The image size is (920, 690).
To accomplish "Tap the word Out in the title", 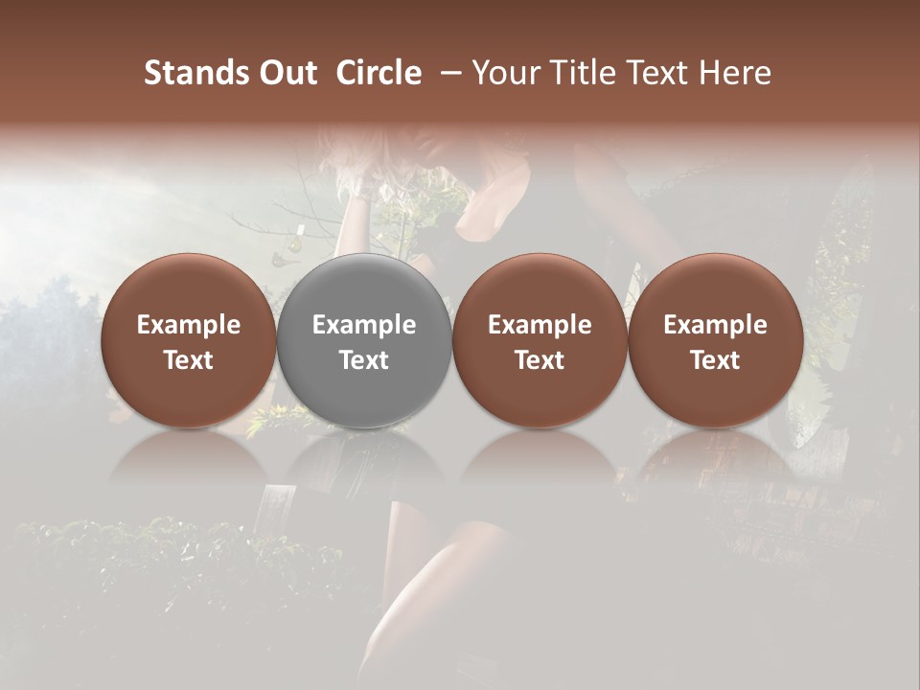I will (287, 73).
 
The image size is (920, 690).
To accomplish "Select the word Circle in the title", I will (379, 73).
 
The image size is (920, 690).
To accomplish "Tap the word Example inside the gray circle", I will (364, 325).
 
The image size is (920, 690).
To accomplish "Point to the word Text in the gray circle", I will (364, 360).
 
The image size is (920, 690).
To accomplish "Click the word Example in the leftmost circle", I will (189, 325).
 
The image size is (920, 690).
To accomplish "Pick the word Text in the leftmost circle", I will (189, 360).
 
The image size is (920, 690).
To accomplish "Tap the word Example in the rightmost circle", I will (715, 325).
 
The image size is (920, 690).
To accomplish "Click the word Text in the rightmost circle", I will (715, 360).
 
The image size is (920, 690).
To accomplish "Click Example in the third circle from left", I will (540, 325).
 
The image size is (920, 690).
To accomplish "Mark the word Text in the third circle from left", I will (540, 360).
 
